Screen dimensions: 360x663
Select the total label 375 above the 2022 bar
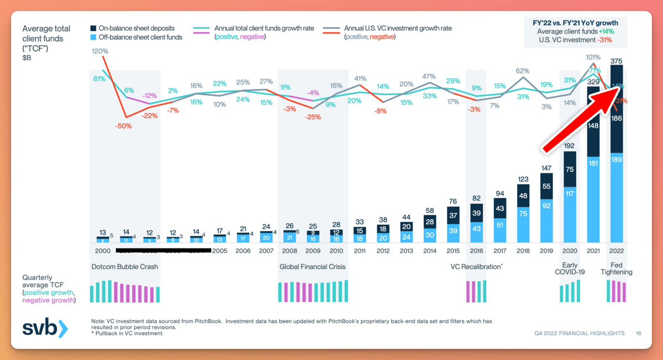click(x=617, y=61)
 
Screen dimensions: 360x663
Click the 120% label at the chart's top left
click(x=100, y=51)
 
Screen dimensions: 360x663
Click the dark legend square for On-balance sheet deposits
click(x=94, y=28)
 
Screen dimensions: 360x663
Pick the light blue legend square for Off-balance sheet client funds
click(x=94, y=36)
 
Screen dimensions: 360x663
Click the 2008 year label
click(x=289, y=250)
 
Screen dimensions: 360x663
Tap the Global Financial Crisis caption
click(x=312, y=267)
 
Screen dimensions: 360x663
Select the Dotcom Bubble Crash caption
click(x=124, y=267)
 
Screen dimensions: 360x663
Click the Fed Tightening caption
click(x=617, y=268)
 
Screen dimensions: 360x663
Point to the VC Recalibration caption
click(x=476, y=267)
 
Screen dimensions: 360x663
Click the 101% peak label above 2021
click(x=593, y=57)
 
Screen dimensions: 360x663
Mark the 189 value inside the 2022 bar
click(x=617, y=160)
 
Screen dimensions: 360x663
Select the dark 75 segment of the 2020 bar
click(x=570, y=170)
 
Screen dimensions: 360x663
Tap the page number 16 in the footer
click(x=638, y=333)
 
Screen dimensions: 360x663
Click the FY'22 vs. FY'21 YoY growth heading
click(x=578, y=23)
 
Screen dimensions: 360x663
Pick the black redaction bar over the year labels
click(x=163, y=251)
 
